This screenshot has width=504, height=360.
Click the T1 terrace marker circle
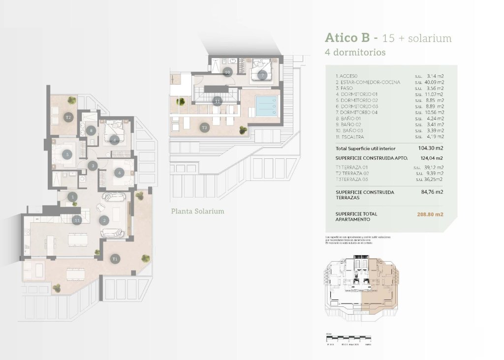[115, 258]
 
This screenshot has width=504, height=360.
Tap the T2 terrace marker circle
[68, 117]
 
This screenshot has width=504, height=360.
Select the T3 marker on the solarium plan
[204, 127]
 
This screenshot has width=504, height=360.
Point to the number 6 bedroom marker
[119, 173]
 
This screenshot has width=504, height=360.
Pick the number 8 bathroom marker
[92, 131]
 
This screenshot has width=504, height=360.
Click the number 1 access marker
[73, 197]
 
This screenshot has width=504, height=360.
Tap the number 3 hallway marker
[93, 166]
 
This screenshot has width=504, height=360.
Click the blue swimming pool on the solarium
[266, 105]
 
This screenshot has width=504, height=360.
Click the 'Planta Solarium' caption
[197, 211]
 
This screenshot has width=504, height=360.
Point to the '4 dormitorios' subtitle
[355, 52]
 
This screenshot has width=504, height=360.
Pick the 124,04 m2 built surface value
[432, 158]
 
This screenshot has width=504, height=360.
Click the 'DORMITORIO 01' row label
[356, 94]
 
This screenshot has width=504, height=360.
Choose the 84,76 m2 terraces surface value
[433, 192]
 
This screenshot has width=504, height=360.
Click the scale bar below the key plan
[348, 339]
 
